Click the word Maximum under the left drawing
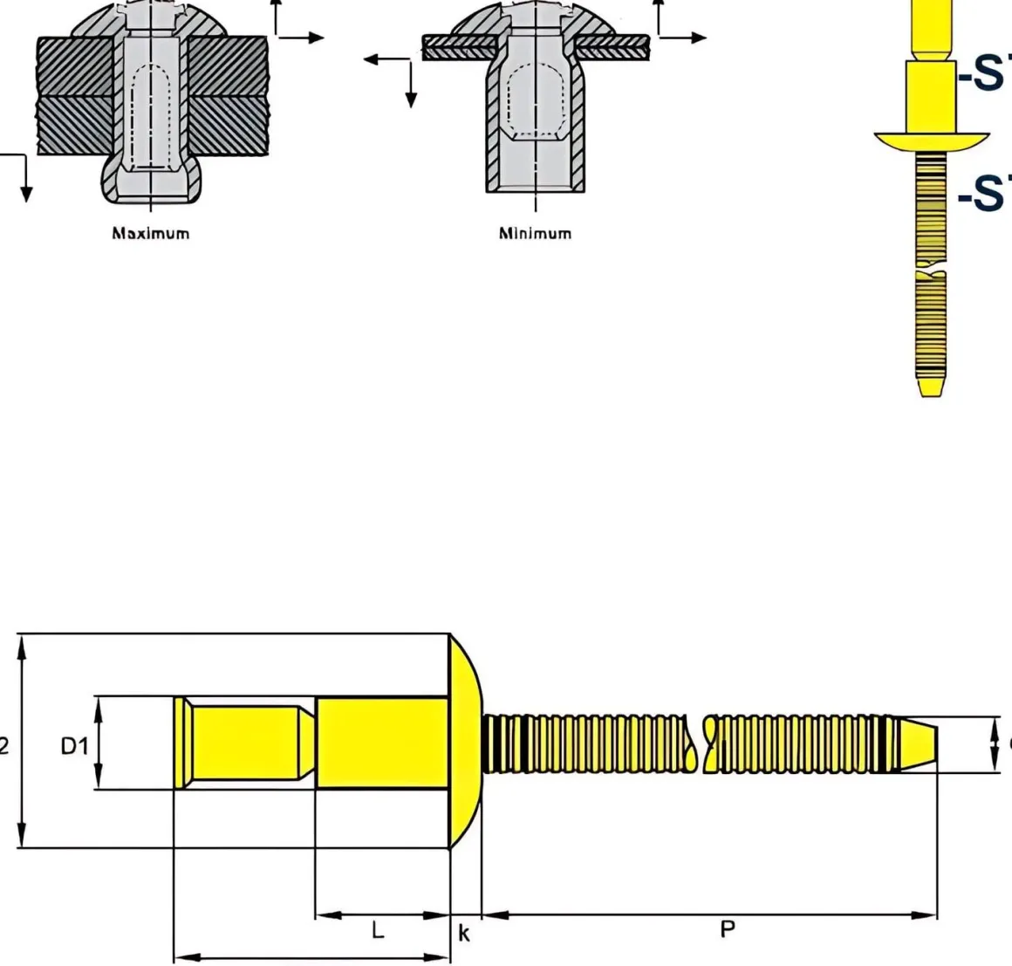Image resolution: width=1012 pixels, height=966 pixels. point(150,233)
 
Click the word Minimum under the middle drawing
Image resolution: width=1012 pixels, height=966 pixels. point(535,233)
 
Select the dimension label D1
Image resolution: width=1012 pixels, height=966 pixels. point(74,745)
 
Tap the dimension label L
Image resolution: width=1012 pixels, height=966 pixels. point(377,930)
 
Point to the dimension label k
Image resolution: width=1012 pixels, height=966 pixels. point(464,934)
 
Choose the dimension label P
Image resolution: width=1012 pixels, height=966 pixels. point(727,929)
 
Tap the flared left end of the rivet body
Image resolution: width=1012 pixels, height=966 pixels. point(179,743)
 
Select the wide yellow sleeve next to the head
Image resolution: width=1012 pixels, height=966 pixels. point(381,743)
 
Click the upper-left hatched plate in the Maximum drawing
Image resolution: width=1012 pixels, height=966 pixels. point(74,65)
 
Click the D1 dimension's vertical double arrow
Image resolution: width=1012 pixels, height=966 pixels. point(99,743)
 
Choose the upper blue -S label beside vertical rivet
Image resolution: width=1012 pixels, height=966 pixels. point(984,75)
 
